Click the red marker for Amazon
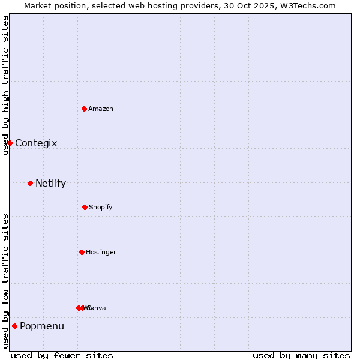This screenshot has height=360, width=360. click(84, 109)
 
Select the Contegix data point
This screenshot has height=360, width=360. click(10, 143)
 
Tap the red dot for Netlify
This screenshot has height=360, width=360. click(30, 183)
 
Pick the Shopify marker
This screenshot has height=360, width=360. click(85, 207)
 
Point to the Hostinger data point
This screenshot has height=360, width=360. click(82, 252)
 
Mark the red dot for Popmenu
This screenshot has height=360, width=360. click(14, 326)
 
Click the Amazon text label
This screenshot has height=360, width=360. click(101, 109)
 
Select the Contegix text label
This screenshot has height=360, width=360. click(36, 143)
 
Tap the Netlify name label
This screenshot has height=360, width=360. click(50, 183)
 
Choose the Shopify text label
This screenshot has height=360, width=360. click(101, 207)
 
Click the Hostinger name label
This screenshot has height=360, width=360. click(101, 252)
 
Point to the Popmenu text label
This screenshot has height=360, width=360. click(42, 326)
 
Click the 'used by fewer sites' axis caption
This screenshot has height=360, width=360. click(62, 355)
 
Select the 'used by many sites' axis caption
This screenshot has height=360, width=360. click(301, 355)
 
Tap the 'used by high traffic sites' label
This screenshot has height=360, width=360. click(5, 85)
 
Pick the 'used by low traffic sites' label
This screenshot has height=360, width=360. click(5, 281)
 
